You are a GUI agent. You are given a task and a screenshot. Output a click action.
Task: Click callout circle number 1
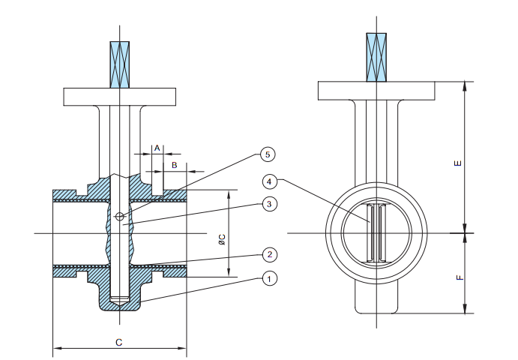(x=269, y=278)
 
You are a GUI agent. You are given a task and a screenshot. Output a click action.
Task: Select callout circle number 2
(x=269, y=253)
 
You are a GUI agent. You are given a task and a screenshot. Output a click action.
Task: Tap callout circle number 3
(x=269, y=204)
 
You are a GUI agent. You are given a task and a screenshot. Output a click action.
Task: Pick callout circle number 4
(x=270, y=181)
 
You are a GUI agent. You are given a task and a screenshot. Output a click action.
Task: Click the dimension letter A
(x=157, y=148)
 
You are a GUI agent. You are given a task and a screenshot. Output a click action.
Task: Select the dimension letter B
(x=175, y=164)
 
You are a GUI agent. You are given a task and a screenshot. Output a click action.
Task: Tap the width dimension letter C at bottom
(x=118, y=342)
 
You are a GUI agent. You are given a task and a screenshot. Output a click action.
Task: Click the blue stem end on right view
(x=376, y=56)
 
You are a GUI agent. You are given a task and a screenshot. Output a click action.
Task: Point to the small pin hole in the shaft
(x=120, y=217)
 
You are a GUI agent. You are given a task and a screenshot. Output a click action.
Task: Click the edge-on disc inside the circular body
(x=376, y=233)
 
